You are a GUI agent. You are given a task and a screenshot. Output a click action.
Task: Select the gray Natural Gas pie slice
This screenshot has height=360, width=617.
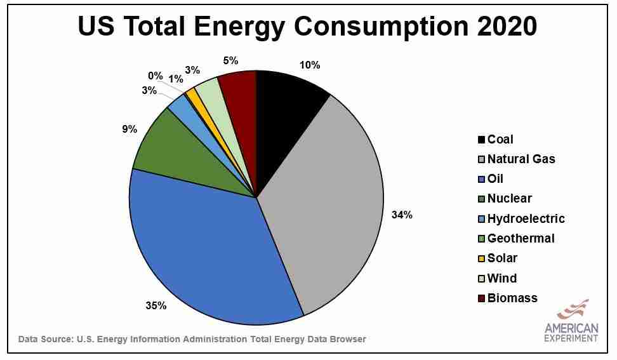pos(324,203)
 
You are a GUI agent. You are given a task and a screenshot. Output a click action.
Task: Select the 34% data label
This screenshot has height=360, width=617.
pos(402,215)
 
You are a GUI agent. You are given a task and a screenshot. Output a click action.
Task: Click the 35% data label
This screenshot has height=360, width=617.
pos(156,306)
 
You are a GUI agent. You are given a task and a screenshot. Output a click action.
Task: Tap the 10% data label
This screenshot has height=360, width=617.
pos(310,65)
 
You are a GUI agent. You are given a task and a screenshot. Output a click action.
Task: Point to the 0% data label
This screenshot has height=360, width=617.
pos(156,76)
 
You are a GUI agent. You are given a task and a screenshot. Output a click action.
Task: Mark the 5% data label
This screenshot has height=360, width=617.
pos(230,61)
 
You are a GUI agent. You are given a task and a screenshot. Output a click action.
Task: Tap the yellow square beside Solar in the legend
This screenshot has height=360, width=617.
pos(482,258)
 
